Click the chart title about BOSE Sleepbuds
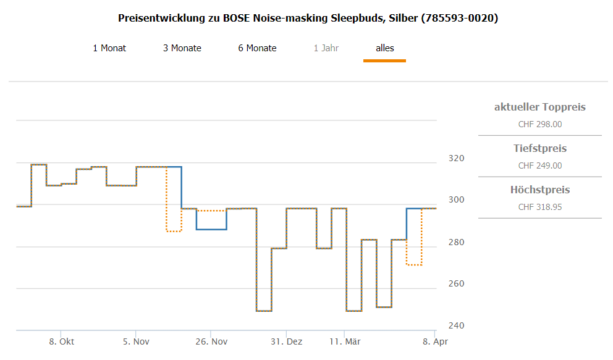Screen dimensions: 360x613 (x=308, y=18)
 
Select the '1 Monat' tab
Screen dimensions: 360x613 (x=109, y=48)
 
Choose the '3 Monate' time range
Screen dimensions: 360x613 (x=182, y=48)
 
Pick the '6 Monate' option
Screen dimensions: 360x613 (x=257, y=48)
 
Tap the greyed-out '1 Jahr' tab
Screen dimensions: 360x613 (x=326, y=48)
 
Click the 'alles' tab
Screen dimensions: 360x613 (x=384, y=48)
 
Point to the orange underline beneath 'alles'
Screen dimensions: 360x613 (x=384, y=61)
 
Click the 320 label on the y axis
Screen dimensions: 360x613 (x=456, y=158)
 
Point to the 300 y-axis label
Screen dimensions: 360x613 (x=456, y=199)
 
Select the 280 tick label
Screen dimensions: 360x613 (x=456, y=242)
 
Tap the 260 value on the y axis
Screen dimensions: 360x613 (x=456, y=284)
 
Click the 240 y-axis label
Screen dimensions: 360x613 (x=456, y=325)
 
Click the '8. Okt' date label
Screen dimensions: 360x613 (x=62, y=341)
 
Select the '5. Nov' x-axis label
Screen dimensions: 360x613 (x=136, y=341)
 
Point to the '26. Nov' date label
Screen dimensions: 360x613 (x=211, y=341)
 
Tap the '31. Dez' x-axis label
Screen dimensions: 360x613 (x=287, y=341)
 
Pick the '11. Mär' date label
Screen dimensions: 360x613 (x=345, y=341)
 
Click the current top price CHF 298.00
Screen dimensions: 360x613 (x=539, y=124)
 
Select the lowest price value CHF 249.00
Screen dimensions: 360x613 (x=539, y=165)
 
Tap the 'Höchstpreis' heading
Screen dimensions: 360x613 (x=539, y=190)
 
